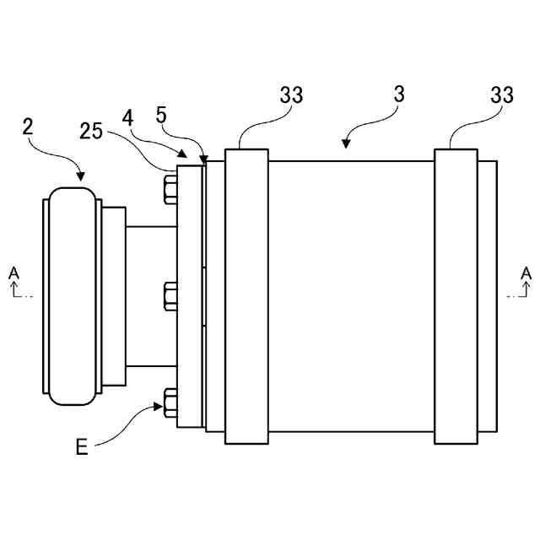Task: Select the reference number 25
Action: [92, 131]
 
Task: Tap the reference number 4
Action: [127, 116]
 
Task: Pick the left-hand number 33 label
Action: [291, 95]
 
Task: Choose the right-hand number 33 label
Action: [501, 95]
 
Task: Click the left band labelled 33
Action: [246, 296]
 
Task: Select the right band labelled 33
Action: [456, 296]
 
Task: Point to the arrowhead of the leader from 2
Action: [81, 178]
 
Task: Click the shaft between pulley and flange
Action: [150, 296]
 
